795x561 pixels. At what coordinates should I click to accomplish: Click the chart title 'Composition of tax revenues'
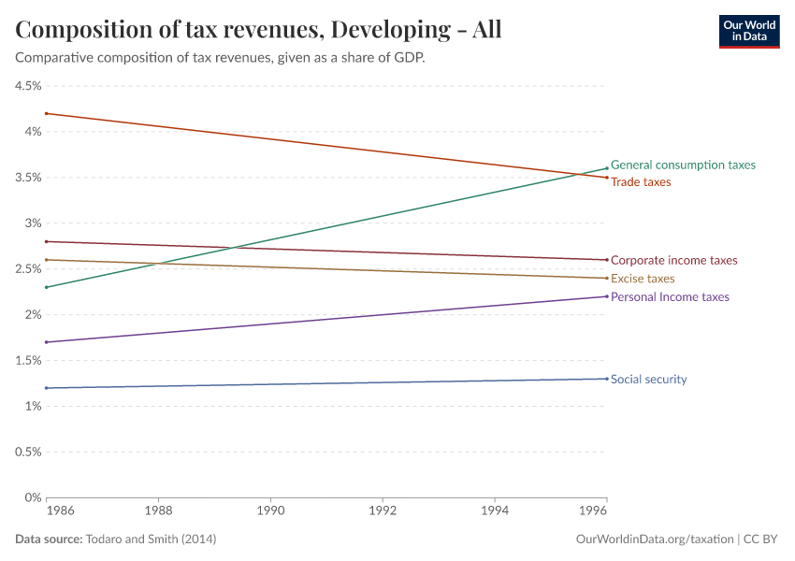pos(258,29)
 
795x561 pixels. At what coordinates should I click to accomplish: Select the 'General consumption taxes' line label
pos(683,165)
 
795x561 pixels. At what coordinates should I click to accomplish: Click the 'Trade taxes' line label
pos(641,182)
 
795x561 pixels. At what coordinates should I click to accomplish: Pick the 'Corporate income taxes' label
pos(673,261)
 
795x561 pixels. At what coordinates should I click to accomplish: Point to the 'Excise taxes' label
pos(643,279)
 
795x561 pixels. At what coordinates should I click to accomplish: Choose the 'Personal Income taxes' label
pos(670,296)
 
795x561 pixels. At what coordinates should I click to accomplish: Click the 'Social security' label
pos(648,380)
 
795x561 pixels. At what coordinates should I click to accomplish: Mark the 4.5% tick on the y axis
pos(27,86)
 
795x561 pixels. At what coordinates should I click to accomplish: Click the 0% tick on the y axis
pos(33,497)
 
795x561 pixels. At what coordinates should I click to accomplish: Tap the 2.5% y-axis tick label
pos(27,269)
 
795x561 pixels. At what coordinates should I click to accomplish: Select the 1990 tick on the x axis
pos(270,512)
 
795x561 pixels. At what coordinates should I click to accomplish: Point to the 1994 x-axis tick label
pos(495,512)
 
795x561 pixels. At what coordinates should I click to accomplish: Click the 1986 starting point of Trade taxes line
pos(47,113)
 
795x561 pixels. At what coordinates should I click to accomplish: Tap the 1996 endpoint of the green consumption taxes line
pos(606,168)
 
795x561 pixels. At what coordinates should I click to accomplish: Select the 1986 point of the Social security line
pos(47,388)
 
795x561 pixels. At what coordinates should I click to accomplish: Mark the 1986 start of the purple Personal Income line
pos(47,342)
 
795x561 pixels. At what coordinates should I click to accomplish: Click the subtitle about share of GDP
pos(221,58)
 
